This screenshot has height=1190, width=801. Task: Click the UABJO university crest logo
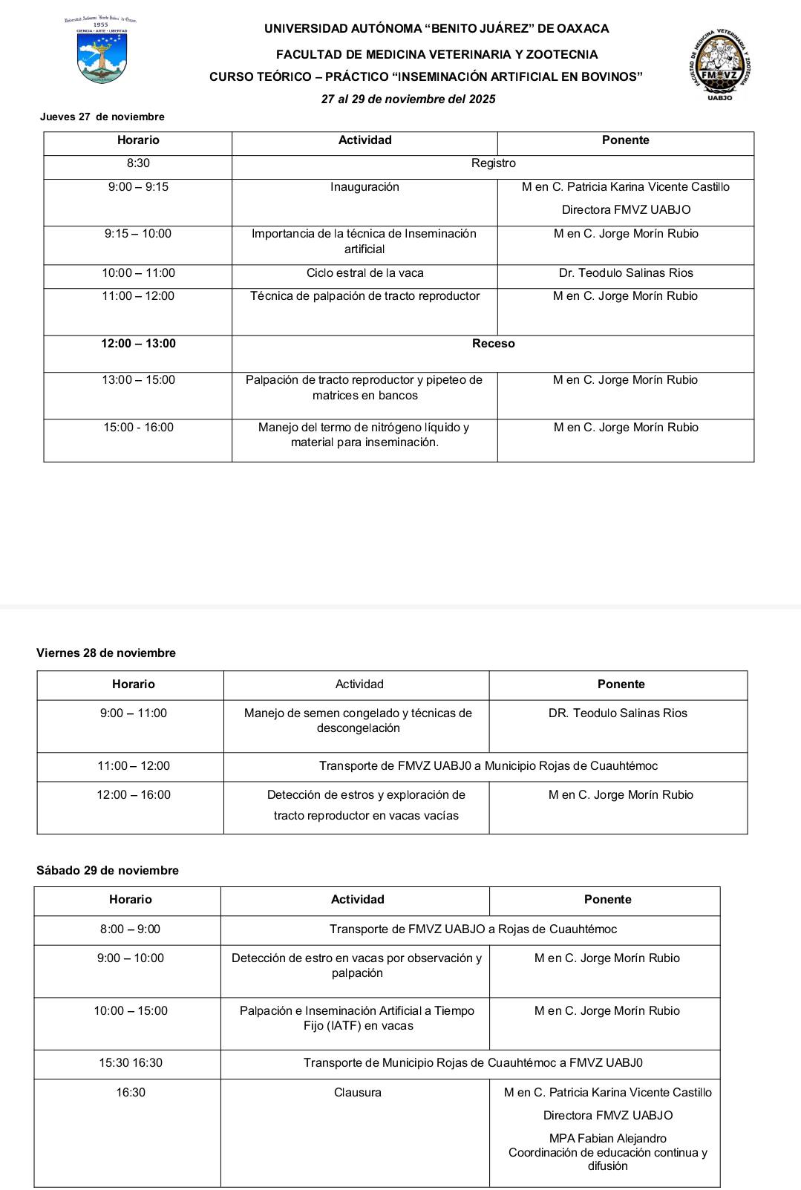pyautogui.click(x=101, y=52)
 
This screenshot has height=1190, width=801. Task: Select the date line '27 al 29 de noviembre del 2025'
pyautogui.click(x=408, y=99)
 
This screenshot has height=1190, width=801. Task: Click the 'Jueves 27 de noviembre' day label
pyautogui.click(x=102, y=117)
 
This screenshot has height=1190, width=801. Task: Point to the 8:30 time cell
pyautogui.click(x=138, y=163)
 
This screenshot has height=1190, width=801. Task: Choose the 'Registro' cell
pyautogui.click(x=493, y=163)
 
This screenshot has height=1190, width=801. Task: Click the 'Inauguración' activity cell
pyautogui.click(x=364, y=187)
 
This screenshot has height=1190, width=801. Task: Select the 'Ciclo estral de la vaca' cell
pyautogui.click(x=364, y=273)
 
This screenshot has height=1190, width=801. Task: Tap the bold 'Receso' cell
pyautogui.click(x=493, y=344)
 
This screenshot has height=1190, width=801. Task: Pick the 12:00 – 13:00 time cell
pyautogui.click(x=138, y=344)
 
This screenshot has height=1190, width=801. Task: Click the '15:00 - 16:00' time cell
pyautogui.click(x=138, y=428)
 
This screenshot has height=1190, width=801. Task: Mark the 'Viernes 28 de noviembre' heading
pyautogui.click(x=106, y=653)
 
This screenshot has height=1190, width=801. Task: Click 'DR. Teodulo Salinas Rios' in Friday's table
pyautogui.click(x=618, y=713)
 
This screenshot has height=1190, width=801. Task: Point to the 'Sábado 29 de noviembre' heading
pyautogui.click(x=108, y=871)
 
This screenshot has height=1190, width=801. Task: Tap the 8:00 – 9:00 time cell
pyautogui.click(x=130, y=929)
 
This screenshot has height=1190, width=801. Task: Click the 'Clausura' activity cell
pyautogui.click(x=357, y=1093)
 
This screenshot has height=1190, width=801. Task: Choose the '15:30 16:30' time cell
pyautogui.click(x=130, y=1063)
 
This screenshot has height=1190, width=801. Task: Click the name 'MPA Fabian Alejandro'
pyautogui.click(x=607, y=1139)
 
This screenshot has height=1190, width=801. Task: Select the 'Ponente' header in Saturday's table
pyautogui.click(x=607, y=900)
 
